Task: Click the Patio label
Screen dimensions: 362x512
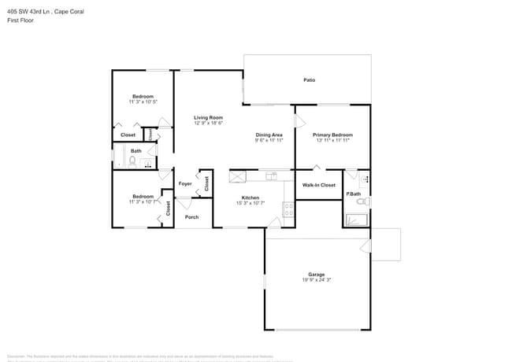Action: click(310, 79)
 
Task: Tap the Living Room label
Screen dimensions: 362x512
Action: click(209, 117)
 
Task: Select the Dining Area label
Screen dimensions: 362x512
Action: click(269, 135)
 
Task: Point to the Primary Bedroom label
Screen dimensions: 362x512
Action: click(332, 135)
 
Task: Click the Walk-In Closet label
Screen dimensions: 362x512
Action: click(319, 185)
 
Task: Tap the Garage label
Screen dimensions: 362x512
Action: click(316, 275)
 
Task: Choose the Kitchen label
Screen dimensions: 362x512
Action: click(250, 198)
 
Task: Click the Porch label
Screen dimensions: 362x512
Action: click(191, 217)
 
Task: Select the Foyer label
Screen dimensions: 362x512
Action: click(185, 184)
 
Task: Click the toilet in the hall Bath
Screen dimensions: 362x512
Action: click(132, 162)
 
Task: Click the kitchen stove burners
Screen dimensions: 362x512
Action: click(288, 210)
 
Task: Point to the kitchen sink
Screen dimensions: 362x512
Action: click(271, 175)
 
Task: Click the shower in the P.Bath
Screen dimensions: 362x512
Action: click(356, 220)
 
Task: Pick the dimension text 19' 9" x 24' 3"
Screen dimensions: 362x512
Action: click(316, 280)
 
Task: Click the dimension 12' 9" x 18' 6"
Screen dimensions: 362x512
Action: click(209, 123)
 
